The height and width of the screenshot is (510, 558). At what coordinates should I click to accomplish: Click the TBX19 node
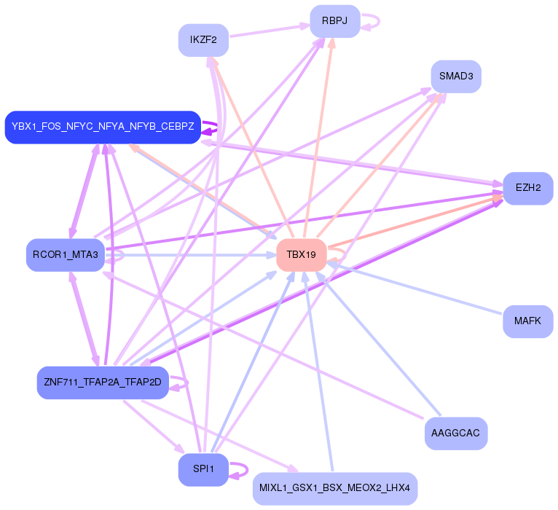301,255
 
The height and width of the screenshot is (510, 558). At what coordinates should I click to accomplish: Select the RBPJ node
334,22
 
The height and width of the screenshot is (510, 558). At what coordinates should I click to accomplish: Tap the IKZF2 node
203,40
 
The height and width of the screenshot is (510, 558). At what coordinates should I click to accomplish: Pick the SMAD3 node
455,76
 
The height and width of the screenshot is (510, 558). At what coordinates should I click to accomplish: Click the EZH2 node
527,188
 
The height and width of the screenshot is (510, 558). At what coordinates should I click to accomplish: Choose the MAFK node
527,321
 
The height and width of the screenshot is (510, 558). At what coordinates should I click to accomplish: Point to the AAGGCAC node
455,433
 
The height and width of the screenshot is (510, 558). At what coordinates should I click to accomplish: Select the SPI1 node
203,470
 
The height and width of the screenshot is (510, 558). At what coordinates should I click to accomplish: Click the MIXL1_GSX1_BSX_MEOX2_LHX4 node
334,487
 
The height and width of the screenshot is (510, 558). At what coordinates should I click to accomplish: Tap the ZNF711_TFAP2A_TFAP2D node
103,382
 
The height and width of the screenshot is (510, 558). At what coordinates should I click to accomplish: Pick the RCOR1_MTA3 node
65,255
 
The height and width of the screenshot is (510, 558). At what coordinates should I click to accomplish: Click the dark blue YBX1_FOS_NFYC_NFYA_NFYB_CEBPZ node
103,127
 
